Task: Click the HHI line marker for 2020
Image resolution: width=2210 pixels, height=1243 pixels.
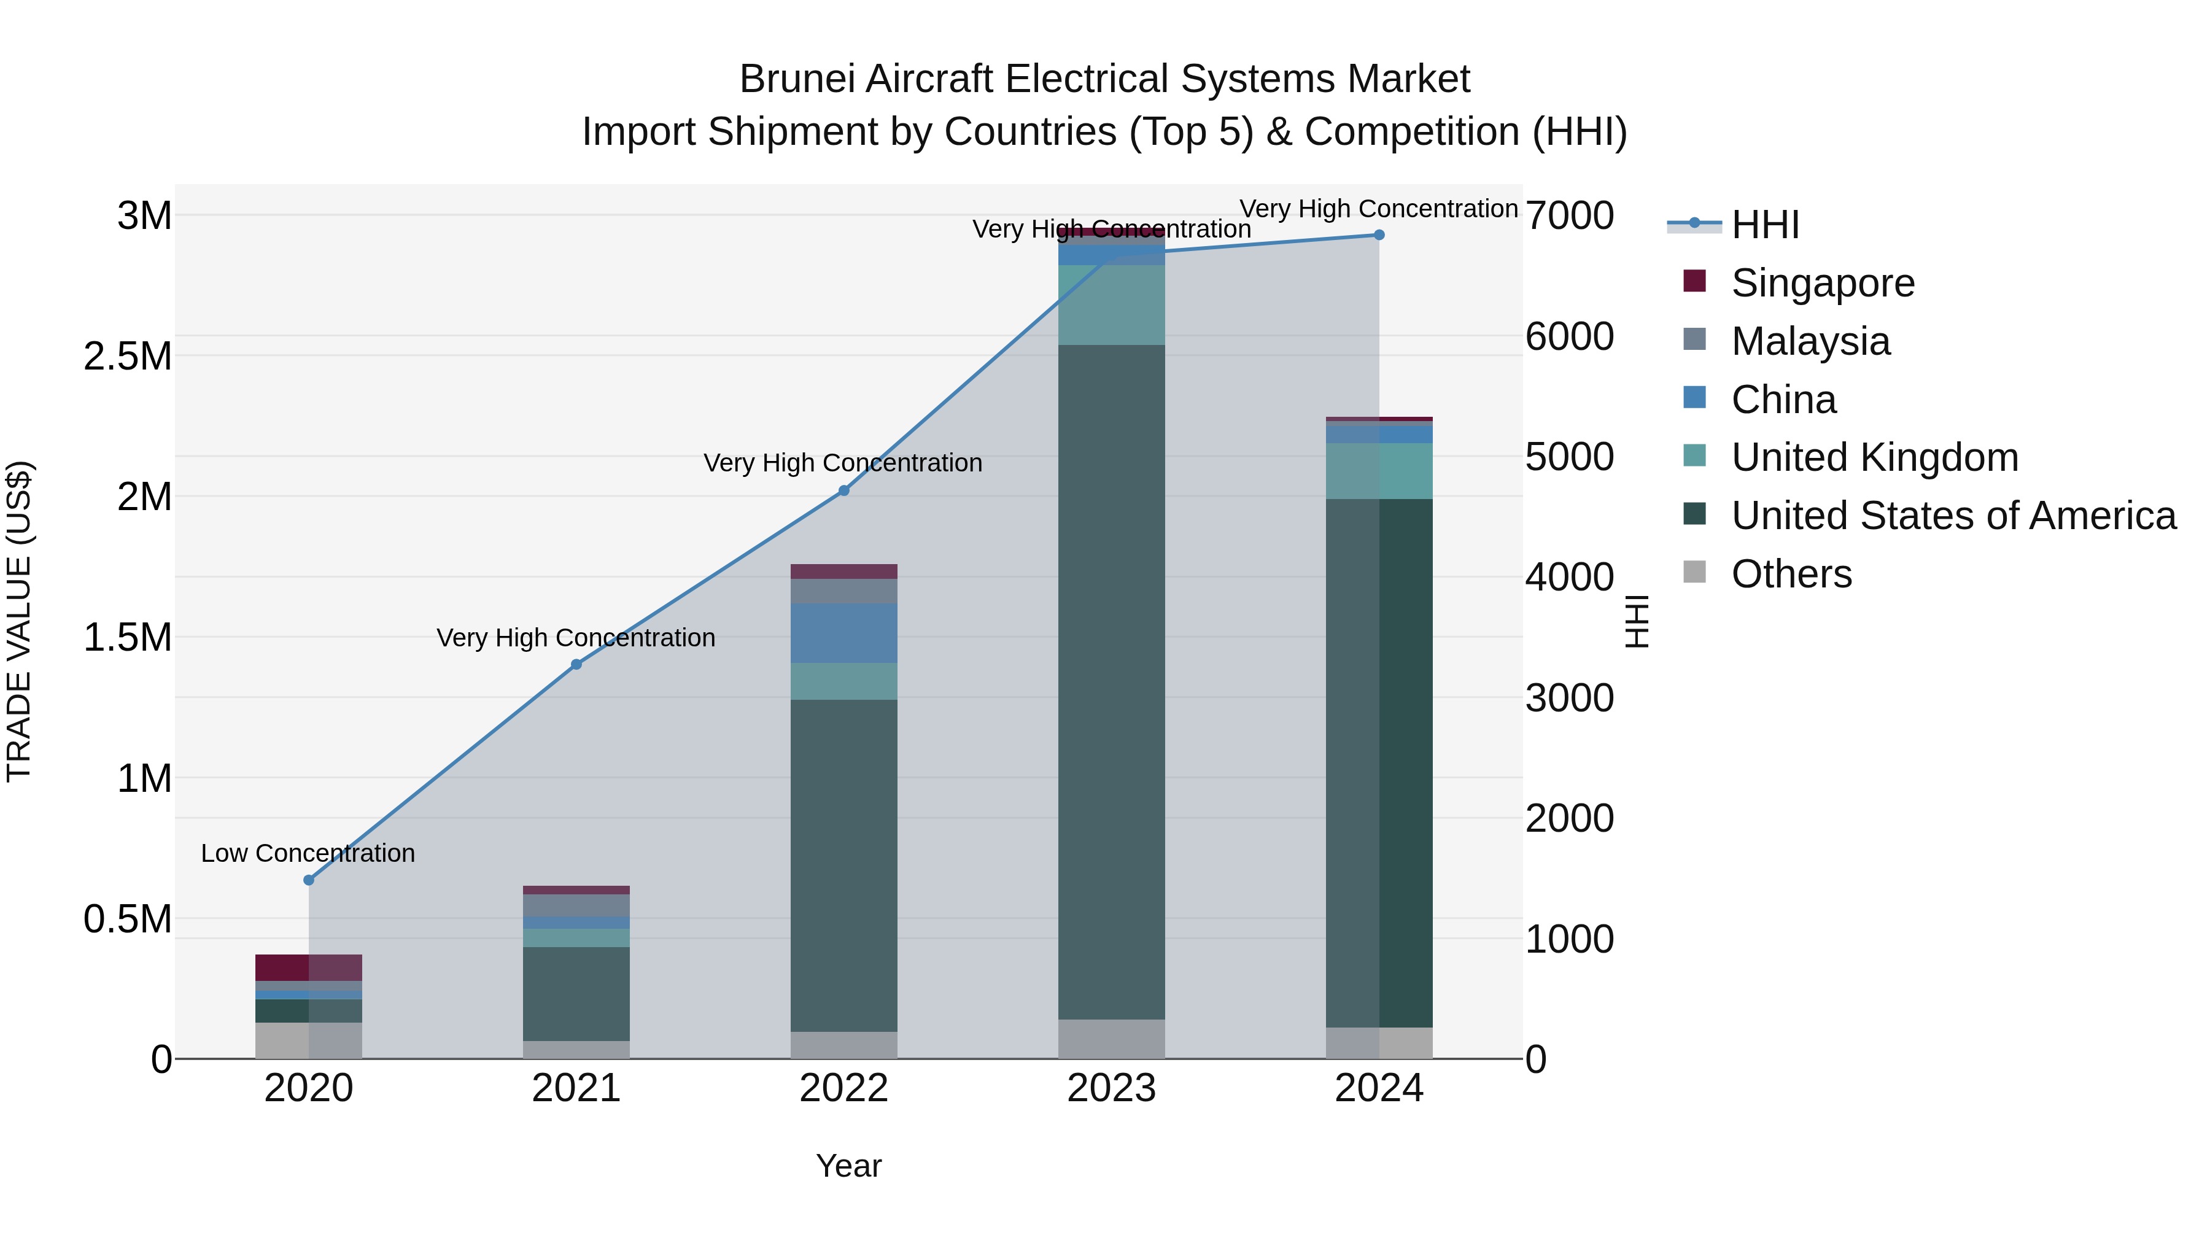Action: (x=309, y=880)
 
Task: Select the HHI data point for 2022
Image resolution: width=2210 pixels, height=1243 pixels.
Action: (x=843, y=490)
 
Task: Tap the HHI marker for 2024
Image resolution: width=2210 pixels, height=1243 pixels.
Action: (x=1379, y=235)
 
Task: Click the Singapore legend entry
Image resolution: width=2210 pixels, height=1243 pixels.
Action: (x=1822, y=283)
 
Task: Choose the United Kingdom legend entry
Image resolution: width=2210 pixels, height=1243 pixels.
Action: (x=1875, y=457)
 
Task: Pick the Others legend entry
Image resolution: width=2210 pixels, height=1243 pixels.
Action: (x=1791, y=574)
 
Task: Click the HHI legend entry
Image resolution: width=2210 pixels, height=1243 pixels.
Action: (x=1765, y=225)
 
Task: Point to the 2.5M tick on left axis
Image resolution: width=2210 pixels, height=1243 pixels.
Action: (x=127, y=356)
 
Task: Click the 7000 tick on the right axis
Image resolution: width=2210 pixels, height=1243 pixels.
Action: (x=1569, y=215)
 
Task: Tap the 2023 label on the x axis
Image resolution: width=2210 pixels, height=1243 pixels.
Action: (x=1111, y=1088)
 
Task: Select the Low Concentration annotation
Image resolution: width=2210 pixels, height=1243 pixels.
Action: (x=308, y=854)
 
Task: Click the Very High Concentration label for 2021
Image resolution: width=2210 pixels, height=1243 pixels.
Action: (x=576, y=638)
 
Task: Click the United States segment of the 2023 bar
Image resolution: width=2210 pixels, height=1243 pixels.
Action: (x=1111, y=682)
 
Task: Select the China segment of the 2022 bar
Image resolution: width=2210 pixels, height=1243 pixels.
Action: (x=843, y=633)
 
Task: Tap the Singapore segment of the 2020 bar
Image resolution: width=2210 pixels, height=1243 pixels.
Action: (x=308, y=967)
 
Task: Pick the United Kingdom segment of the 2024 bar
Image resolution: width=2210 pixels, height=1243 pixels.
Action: (x=1379, y=471)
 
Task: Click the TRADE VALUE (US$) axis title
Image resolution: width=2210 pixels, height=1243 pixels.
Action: (x=19, y=621)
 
